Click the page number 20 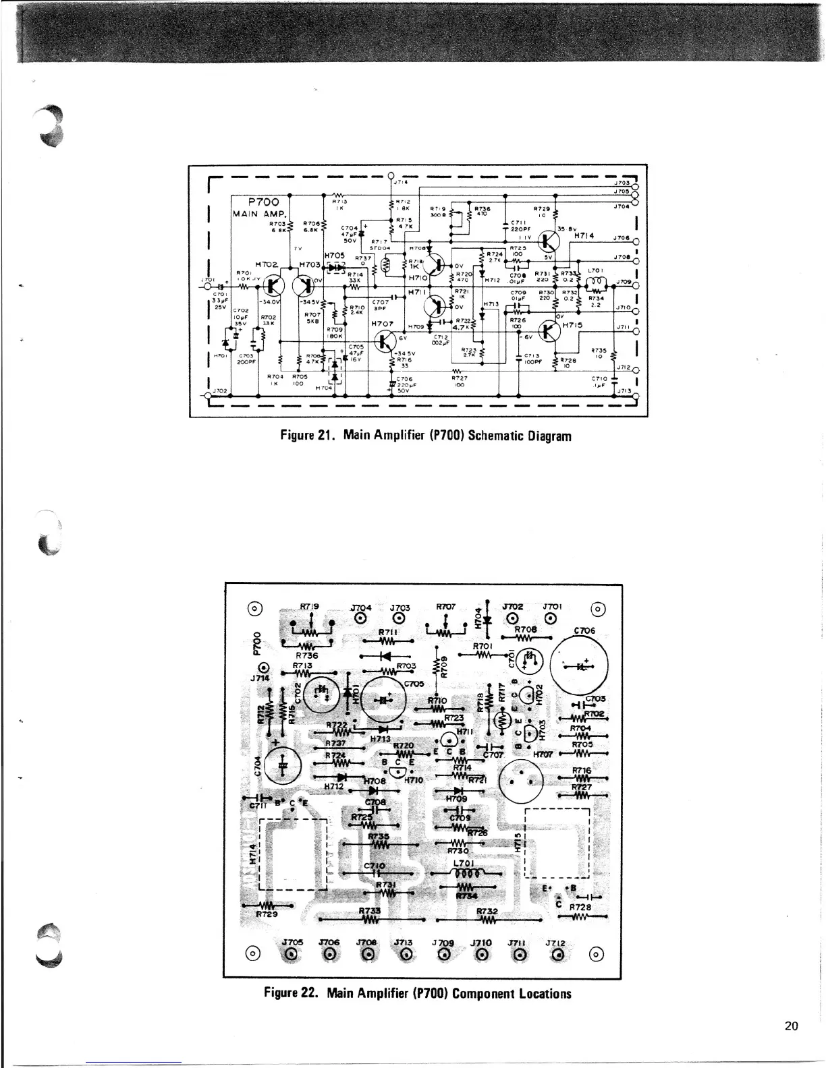(x=792, y=1026)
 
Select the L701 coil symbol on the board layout (x=466, y=872)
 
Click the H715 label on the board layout (x=518, y=843)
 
